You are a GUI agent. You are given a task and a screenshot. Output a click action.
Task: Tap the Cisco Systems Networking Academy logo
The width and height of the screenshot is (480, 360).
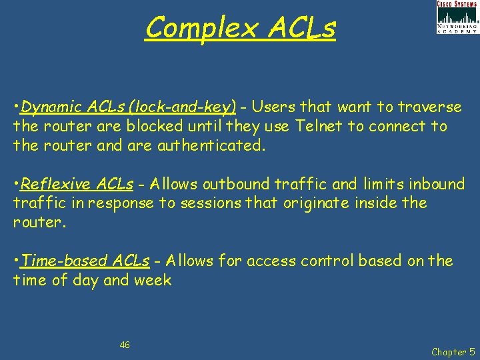coord(457,17)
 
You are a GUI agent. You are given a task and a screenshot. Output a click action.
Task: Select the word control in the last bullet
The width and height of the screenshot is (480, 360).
coord(323,261)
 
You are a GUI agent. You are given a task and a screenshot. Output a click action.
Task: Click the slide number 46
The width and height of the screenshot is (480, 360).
coord(125,345)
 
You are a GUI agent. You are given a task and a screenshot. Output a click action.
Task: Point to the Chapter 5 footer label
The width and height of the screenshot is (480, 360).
coord(453,351)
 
